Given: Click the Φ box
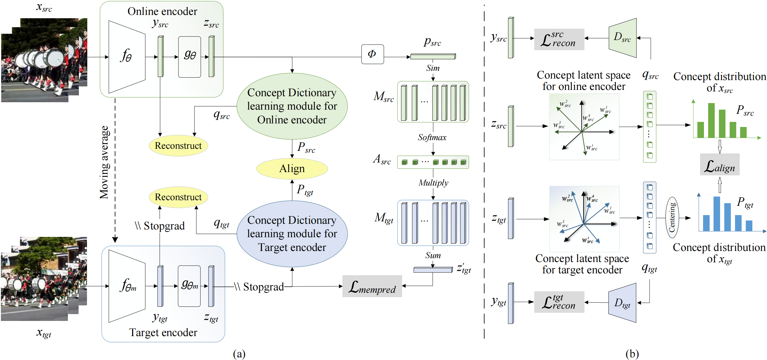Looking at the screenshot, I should point(372,54).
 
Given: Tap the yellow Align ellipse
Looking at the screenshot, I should point(292,168).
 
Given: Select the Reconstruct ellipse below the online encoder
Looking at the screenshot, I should point(178,146).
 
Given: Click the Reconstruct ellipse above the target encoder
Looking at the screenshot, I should point(178,197).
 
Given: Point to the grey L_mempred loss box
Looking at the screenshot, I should point(372,286).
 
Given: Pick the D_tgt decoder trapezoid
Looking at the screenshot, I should point(622,303).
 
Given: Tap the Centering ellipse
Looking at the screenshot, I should point(672,217).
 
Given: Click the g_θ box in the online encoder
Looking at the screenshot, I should point(190,57).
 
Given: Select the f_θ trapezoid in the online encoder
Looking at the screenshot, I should point(127,57).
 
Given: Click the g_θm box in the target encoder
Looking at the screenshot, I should point(189,286).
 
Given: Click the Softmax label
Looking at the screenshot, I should point(432,137).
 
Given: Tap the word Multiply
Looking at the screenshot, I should point(433,183).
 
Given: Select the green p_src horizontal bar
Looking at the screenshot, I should point(433,56).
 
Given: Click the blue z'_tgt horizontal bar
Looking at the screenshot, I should point(433,270).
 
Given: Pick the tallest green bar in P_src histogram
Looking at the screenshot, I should point(711,120).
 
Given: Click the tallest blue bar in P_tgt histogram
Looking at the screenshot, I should point(717,214).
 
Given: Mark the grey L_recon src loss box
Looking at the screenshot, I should point(559,39).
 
